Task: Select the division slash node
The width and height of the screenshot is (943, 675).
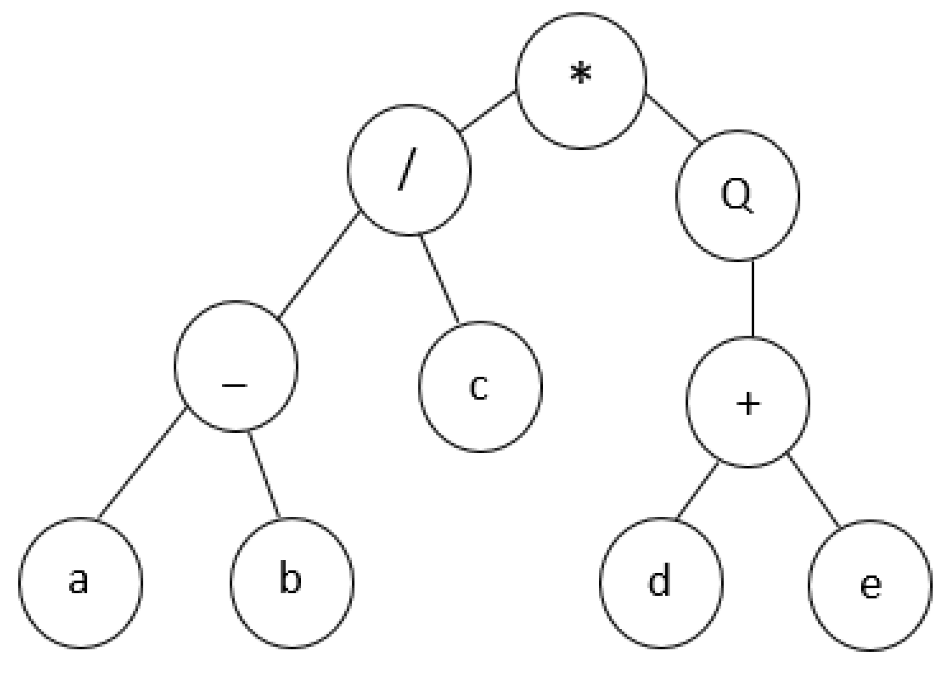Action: pos(409,170)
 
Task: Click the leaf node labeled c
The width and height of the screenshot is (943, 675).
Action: pos(480,387)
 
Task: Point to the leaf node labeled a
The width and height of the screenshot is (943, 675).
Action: pos(80,583)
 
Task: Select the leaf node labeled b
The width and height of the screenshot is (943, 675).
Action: pos(291,583)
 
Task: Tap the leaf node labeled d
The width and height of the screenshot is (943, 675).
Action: pos(661,583)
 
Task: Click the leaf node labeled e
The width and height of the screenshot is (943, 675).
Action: pos(870,585)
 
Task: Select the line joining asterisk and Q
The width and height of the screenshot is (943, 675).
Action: pos(673,119)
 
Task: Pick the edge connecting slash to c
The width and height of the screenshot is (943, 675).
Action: pos(439,279)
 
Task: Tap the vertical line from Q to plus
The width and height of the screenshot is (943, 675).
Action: pos(752,299)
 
